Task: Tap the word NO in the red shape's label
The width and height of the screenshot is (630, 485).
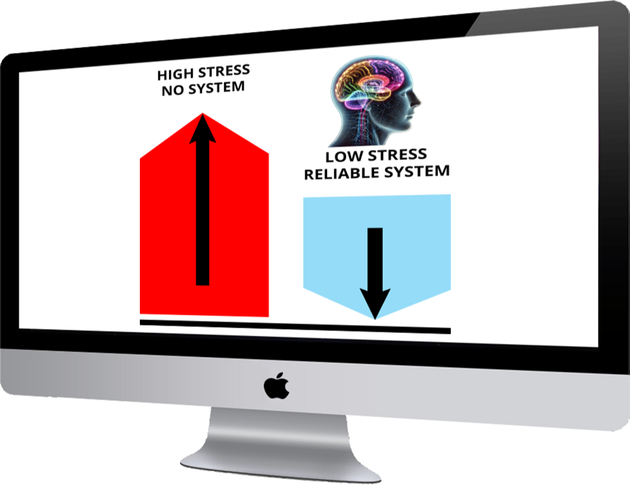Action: pos(172,90)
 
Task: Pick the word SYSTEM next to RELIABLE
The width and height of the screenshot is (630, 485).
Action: pos(418,171)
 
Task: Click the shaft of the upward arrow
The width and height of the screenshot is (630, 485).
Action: pos(202,217)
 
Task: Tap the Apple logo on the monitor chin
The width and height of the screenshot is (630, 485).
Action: pos(277,386)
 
